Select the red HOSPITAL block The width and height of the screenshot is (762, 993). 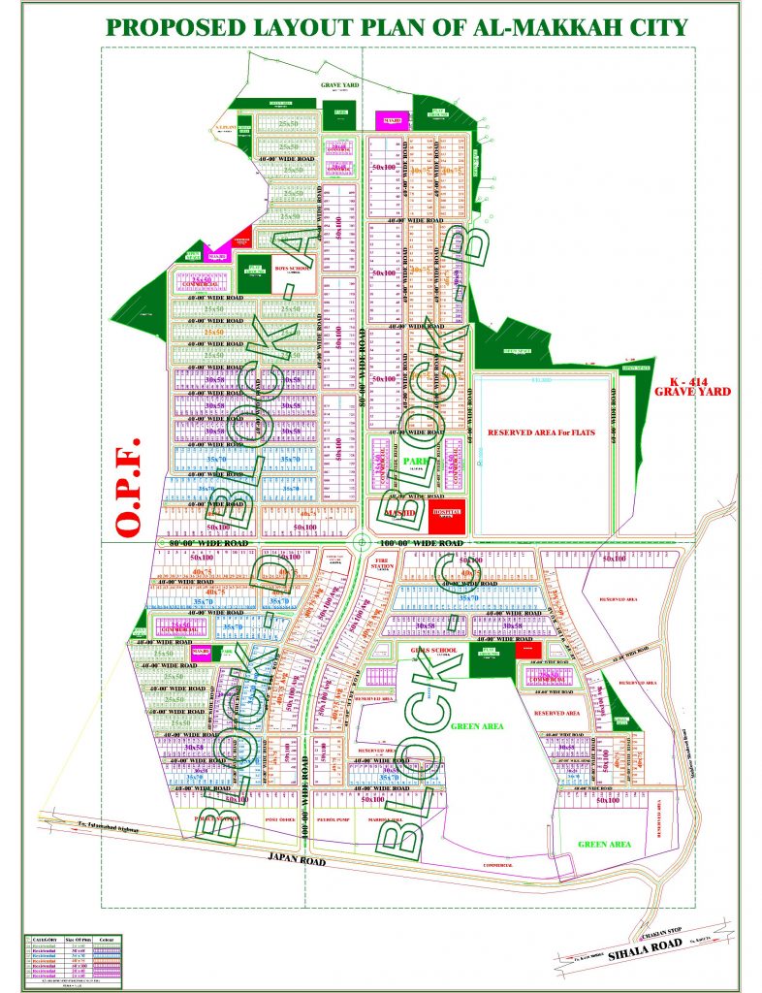pos(447,514)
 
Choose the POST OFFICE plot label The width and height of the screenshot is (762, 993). pos(280,819)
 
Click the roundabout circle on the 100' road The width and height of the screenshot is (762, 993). pos(361,542)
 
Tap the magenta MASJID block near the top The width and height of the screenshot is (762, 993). pos(392,120)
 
